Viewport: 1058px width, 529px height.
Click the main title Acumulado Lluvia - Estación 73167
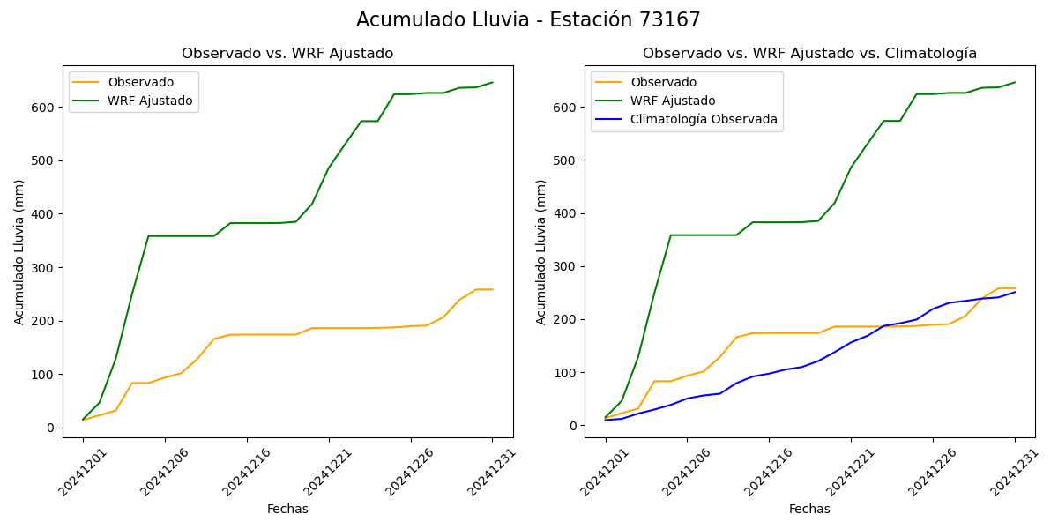[x=528, y=20]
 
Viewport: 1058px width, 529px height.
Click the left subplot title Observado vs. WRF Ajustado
[x=287, y=54]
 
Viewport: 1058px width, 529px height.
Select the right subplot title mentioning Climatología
[x=809, y=54]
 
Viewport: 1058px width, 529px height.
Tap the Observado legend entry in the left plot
[x=141, y=83]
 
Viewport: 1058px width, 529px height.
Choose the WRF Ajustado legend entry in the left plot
[x=150, y=101]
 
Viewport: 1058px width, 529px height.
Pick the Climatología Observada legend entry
[x=704, y=119]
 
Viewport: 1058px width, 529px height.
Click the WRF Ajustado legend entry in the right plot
[x=672, y=101]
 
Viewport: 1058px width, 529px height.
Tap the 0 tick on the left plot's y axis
[x=51, y=428]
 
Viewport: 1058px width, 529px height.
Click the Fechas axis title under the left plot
[x=287, y=509]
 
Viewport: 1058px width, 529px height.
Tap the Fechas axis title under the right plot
[x=809, y=509]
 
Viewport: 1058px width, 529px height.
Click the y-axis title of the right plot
[x=541, y=251]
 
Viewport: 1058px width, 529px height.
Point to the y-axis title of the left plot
[x=19, y=251]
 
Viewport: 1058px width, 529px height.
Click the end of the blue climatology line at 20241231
[x=1015, y=292]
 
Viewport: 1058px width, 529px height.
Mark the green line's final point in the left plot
[x=493, y=82]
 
